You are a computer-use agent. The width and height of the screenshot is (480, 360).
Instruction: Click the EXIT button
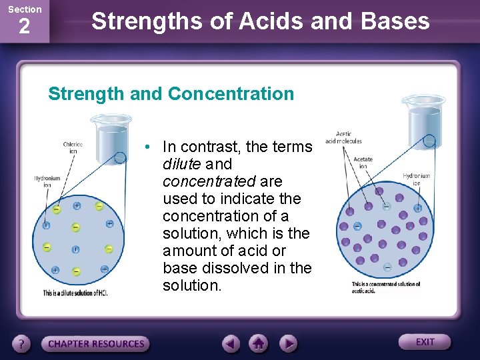(x=425, y=342)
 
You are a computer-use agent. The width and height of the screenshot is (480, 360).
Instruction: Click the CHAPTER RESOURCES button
(x=96, y=344)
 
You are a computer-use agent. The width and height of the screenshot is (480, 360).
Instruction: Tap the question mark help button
(x=22, y=344)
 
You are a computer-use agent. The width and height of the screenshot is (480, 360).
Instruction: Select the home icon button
(x=259, y=344)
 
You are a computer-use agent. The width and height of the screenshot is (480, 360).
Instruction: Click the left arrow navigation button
(x=231, y=344)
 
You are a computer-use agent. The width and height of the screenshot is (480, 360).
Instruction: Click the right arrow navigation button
(x=287, y=344)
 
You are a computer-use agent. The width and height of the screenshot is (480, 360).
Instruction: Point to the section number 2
(x=24, y=27)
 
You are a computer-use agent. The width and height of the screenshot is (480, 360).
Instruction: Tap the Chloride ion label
(x=73, y=147)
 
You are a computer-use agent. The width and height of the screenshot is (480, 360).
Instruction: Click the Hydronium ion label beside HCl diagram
(x=47, y=181)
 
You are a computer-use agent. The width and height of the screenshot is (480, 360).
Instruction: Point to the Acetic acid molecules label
(x=343, y=137)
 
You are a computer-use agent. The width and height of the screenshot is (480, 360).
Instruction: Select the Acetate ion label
(x=363, y=163)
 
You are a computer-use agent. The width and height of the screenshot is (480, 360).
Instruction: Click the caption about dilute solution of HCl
(x=75, y=293)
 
